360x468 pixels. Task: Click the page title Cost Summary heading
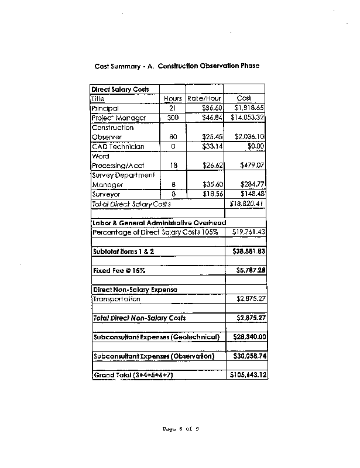click(x=177, y=66)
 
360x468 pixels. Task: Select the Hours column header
click(x=173, y=99)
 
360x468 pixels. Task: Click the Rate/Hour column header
click(x=204, y=99)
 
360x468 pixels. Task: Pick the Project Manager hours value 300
click(x=173, y=118)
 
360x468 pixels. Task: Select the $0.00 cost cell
click(x=256, y=146)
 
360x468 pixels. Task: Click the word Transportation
click(x=116, y=299)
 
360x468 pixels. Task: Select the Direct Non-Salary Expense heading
click(x=135, y=290)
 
